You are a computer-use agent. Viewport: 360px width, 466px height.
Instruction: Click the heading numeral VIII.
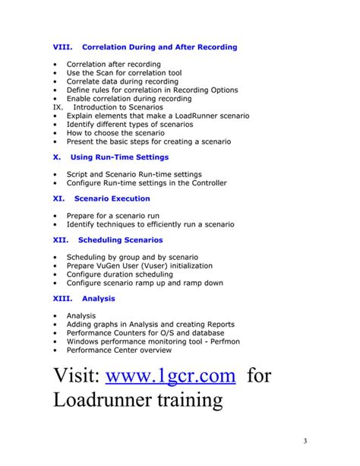(63, 47)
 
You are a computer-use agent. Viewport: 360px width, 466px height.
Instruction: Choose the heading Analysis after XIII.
(99, 299)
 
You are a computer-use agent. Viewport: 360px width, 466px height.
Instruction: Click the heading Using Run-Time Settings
(119, 157)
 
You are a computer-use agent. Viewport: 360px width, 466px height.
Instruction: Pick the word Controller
(206, 182)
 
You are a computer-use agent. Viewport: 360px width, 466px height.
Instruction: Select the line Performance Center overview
(119, 350)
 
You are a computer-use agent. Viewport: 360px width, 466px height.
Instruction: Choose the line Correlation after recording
(114, 65)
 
